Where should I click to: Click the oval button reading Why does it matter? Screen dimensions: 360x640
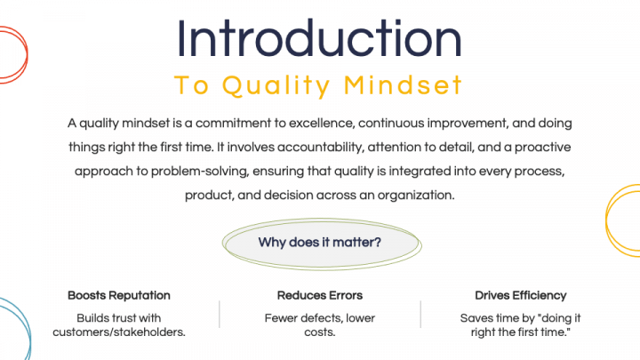click(320, 242)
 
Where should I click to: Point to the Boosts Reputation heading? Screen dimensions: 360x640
click(119, 295)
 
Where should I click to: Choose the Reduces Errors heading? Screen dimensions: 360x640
click(320, 295)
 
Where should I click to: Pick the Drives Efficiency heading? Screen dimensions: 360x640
click(520, 295)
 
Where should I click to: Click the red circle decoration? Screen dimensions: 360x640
click(11, 53)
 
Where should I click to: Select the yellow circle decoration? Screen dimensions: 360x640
click(626, 222)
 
